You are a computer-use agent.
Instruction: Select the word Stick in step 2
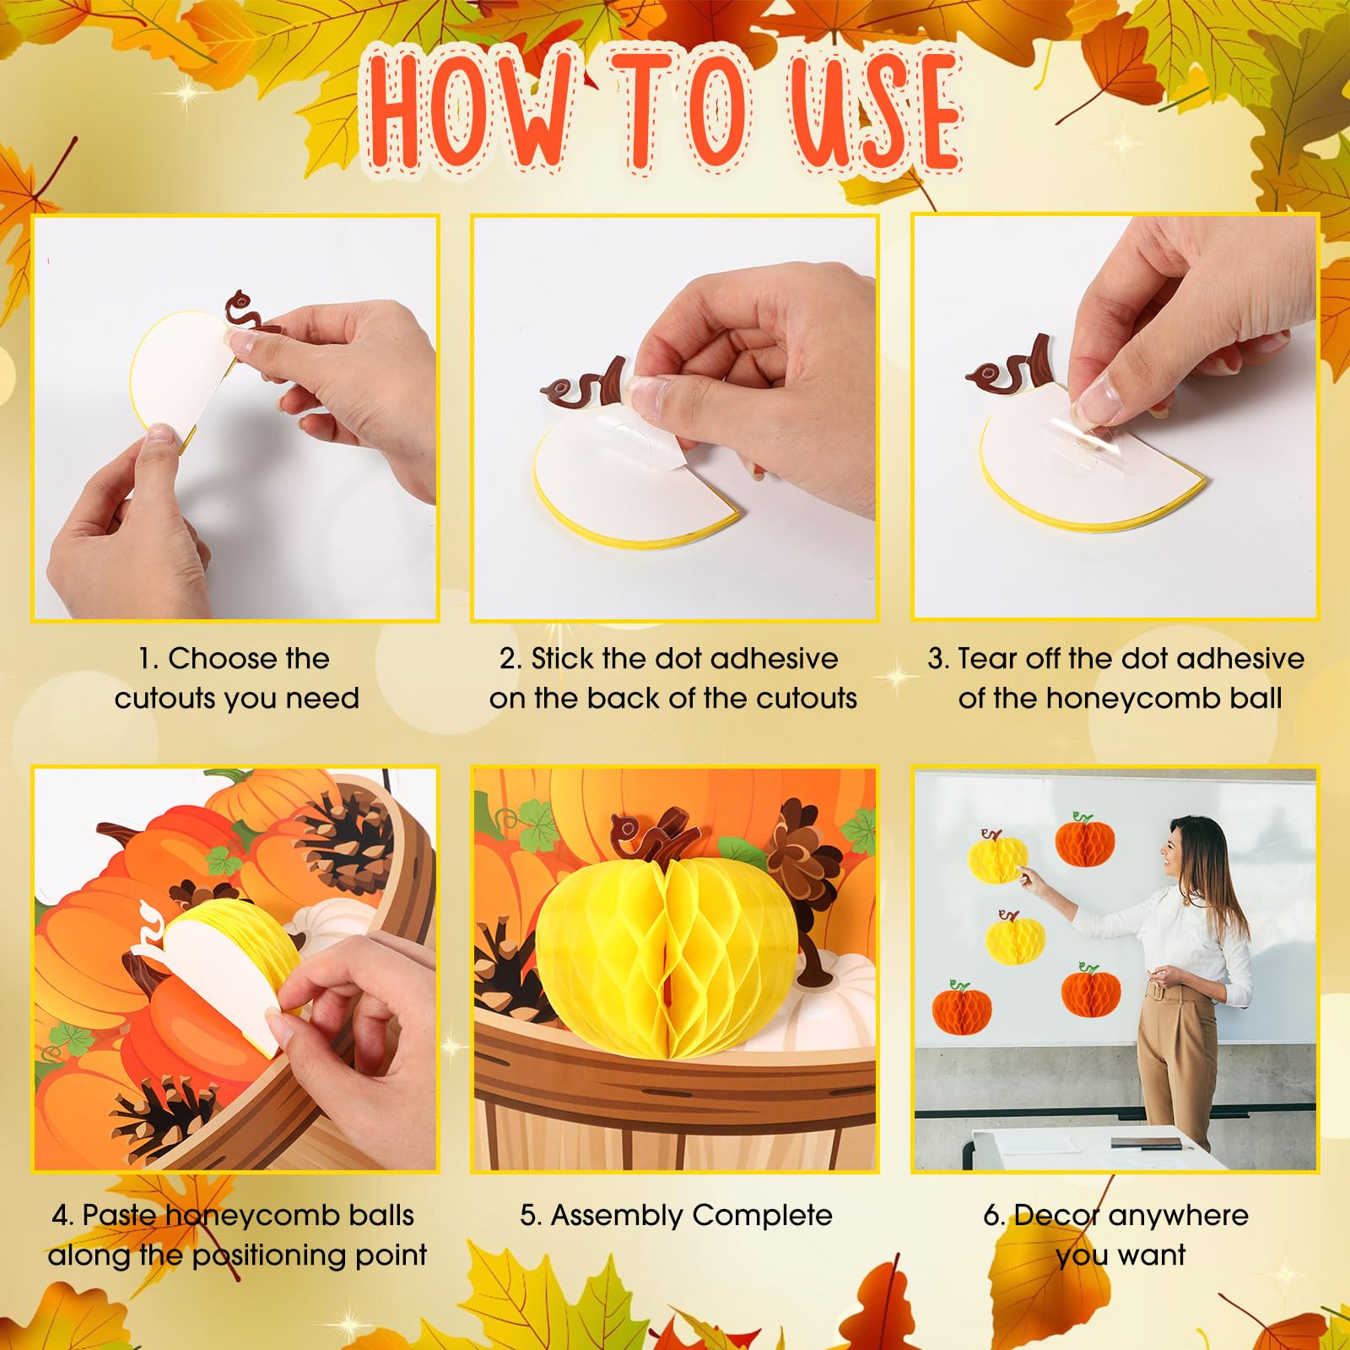[x=563, y=658]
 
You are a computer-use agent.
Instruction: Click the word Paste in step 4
[x=119, y=1215]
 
